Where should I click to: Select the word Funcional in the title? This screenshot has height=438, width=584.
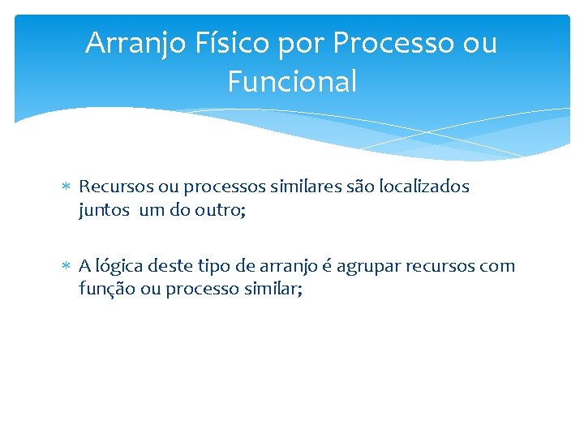292,82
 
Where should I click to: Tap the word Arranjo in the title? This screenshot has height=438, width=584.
135,43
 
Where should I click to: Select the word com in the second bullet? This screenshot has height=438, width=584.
496,267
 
